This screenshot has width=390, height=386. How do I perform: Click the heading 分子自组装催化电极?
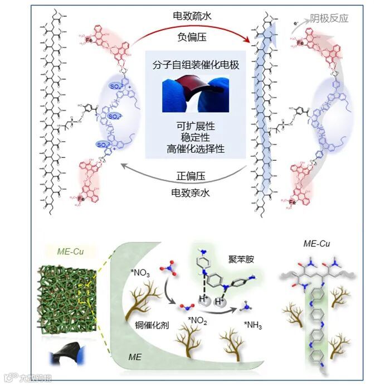[x=194, y=66]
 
